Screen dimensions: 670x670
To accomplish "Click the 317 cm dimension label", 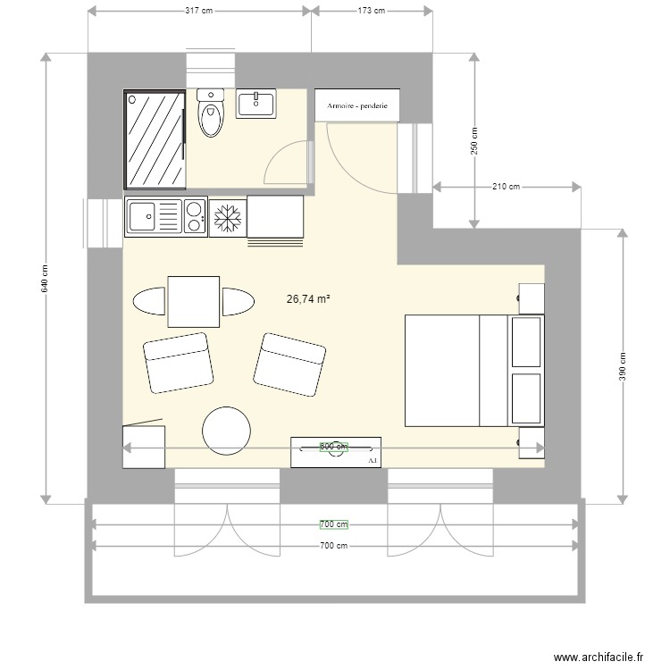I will click(x=199, y=11).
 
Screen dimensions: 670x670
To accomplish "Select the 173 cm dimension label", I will click(x=371, y=11).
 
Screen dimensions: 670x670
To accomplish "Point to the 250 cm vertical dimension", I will click(x=475, y=139).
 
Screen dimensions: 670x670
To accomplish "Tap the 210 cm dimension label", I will click(x=506, y=187).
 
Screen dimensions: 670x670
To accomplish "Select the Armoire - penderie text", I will click(x=357, y=105).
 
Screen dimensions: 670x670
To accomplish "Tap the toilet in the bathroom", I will click(x=211, y=113).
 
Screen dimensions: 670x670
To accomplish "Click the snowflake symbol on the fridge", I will click(x=227, y=217).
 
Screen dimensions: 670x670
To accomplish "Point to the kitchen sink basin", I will click(x=142, y=216).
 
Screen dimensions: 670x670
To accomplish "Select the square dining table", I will click(x=193, y=302).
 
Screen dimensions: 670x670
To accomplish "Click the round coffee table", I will click(x=226, y=431).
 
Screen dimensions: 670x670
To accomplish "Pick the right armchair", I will click(x=289, y=364).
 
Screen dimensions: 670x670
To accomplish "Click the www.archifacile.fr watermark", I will click(x=598, y=657).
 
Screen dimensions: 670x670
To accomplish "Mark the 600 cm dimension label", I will click(x=333, y=446).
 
